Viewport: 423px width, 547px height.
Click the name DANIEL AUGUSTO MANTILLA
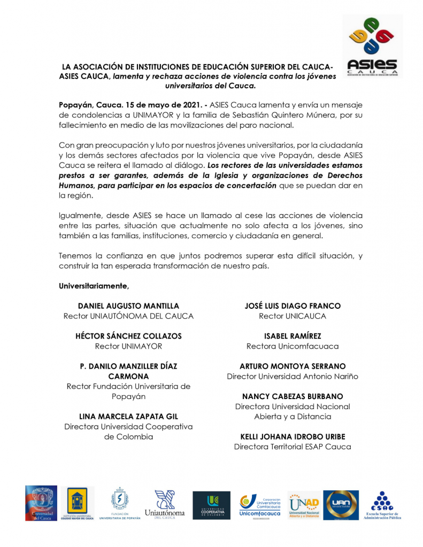(x=128, y=306)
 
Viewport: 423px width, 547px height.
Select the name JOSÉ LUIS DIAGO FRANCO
(x=293, y=306)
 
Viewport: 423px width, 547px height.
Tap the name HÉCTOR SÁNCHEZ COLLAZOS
(x=128, y=336)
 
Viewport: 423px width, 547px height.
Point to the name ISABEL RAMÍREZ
(x=293, y=336)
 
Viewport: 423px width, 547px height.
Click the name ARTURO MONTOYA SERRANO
(x=293, y=366)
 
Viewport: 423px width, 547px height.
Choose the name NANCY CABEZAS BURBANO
(x=293, y=396)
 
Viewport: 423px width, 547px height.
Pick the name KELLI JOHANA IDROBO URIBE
(x=293, y=436)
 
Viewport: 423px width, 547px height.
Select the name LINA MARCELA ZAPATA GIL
(x=128, y=416)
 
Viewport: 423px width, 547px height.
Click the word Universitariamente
(x=94, y=286)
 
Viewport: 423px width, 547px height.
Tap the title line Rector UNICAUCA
(x=293, y=316)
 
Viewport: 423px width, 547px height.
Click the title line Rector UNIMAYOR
(x=128, y=346)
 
